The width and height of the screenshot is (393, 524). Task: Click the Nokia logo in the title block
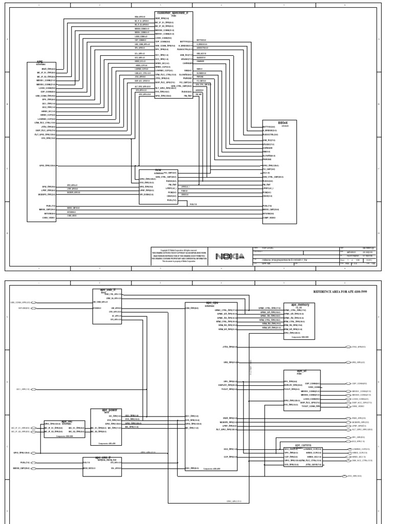pos(230,256)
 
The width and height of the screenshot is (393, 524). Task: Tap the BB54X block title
pos(282,123)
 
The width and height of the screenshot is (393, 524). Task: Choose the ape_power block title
pos(107,410)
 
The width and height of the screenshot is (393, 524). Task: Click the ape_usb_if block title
pos(107,290)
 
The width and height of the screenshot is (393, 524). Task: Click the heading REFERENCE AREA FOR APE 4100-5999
pos(343,291)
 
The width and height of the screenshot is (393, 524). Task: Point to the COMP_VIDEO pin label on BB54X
pos(270,218)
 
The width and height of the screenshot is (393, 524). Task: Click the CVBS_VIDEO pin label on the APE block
pos(49,217)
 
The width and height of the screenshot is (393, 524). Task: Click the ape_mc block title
pos(67,422)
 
